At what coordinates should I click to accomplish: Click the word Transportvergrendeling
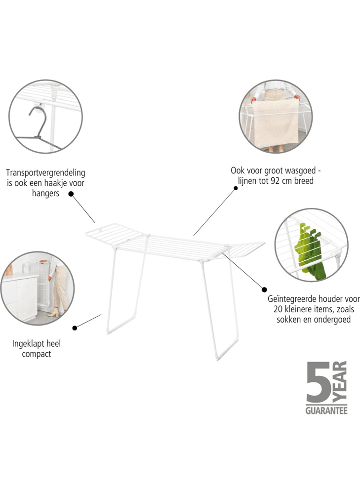45,173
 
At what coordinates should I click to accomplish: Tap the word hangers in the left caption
45,193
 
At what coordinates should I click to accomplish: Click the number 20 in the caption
279,309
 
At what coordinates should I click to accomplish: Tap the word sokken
287,319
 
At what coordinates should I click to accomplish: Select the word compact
37,354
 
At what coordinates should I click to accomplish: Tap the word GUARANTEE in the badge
326,411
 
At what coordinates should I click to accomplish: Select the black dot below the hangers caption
71,194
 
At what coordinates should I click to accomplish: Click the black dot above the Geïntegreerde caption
265,289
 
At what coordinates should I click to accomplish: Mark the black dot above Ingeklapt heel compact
75,328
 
